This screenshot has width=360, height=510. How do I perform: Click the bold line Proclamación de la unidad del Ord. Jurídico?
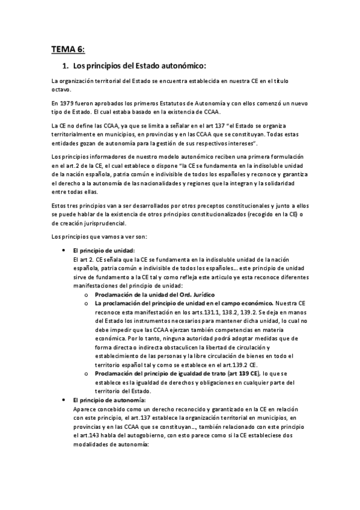154,294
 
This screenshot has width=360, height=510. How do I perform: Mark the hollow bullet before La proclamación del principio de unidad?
87,304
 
